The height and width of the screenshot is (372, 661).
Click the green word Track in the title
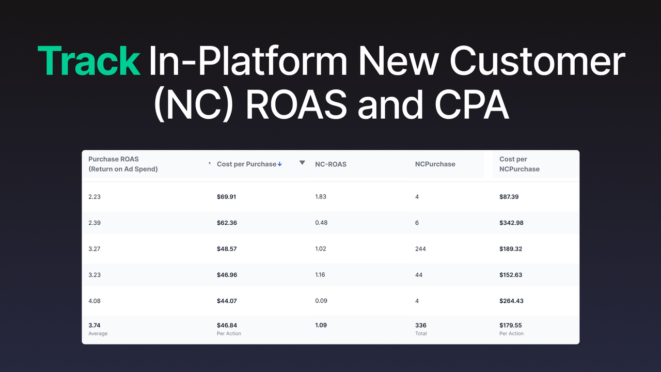[89, 61]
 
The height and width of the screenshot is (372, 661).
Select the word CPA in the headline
[471, 104]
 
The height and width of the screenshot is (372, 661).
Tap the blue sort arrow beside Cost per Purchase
[280, 164]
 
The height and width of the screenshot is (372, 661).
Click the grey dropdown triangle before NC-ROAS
[302, 163]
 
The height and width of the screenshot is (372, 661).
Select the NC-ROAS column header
[330, 164]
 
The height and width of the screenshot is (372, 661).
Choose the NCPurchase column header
[435, 164]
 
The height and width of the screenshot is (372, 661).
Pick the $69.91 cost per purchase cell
[227, 197]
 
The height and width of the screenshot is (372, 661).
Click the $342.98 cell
[511, 223]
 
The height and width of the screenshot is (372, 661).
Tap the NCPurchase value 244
[420, 249]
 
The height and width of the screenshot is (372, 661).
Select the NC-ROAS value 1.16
[320, 275]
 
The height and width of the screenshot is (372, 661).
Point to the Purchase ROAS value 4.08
[95, 301]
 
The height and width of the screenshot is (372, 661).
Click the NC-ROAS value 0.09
[321, 301]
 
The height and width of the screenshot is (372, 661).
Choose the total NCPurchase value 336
[421, 326]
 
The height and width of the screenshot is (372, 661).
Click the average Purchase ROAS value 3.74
[95, 326]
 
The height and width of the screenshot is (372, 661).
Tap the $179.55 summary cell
[511, 326]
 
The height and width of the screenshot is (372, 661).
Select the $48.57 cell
[227, 249]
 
